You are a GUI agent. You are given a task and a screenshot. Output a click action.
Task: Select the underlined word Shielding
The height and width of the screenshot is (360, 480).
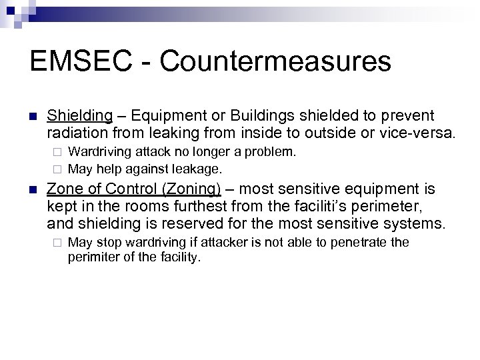coord(80,117)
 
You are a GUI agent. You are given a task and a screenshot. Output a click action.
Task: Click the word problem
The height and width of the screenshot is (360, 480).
coord(271,152)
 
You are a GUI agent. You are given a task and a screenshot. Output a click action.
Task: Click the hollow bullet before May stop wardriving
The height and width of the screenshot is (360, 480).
coord(58,243)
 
